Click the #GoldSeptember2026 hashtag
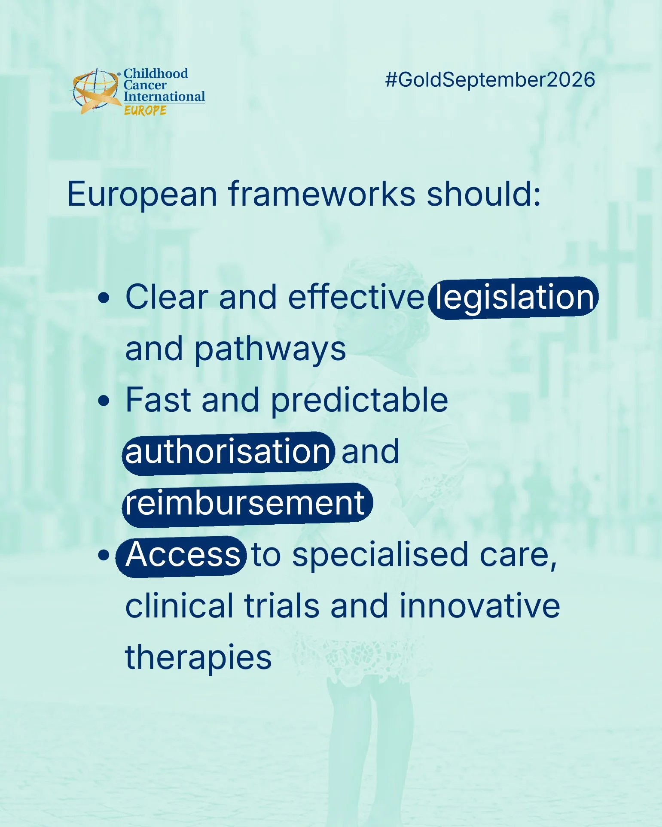(490, 80)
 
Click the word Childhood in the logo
(156, 73)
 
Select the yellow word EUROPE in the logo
(145, 110)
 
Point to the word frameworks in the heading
(322, 194)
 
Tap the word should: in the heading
(484, 194)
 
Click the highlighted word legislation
(514, 298)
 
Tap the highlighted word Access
(181, 555)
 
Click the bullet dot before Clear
(104, 298)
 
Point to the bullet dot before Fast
(104, 401)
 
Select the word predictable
(360, 401)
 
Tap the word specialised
(380, 555)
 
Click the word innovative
(480, 606)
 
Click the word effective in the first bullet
(356, 297)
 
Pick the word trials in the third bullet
(282, 606)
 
